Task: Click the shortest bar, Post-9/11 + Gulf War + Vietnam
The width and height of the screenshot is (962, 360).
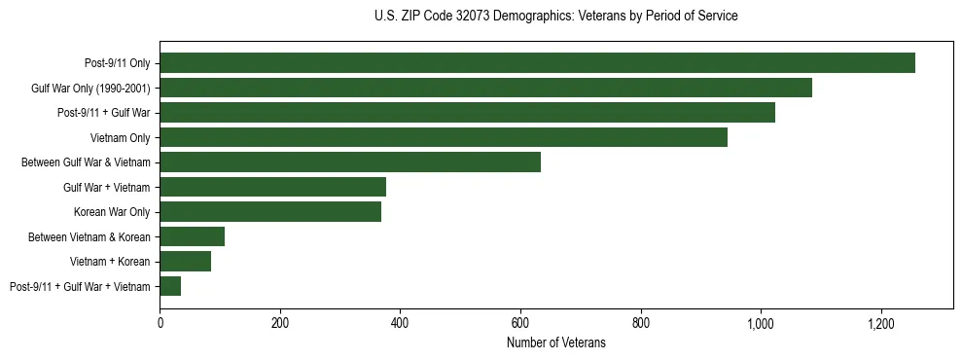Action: [170, 286]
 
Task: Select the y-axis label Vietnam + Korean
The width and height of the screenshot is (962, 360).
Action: [110, 262]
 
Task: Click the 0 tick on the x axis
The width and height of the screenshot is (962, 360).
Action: [160, 323]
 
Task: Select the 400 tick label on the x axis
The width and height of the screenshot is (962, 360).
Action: [400, 323]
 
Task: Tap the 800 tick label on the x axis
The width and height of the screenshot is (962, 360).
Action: [640, 323]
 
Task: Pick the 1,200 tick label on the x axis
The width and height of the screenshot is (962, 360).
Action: [880, 323]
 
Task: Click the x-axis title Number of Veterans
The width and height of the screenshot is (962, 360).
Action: [555, 342]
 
